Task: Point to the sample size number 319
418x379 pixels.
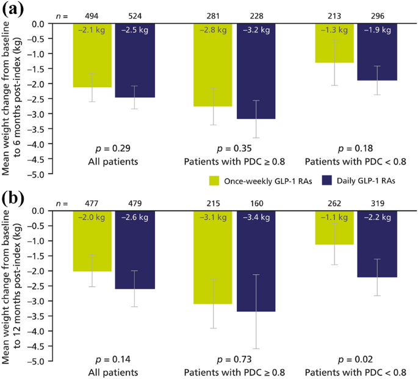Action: (x=377, y=202)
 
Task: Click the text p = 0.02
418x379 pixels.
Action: (x=355, y=360)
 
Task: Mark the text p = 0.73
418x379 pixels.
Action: (x=234, y=360)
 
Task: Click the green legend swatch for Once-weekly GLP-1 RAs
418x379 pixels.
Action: (x=214, y=180)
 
